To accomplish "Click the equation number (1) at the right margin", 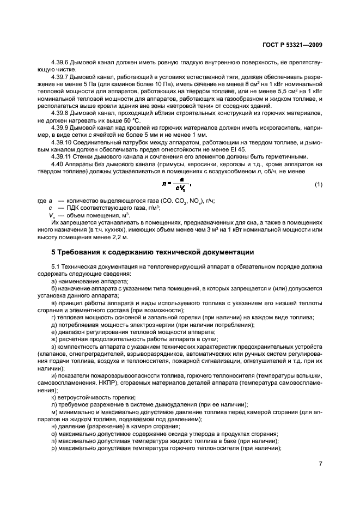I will pyautogui.click(x=318, y=185).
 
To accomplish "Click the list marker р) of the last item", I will pyautogui.click(x=54, y=447).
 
